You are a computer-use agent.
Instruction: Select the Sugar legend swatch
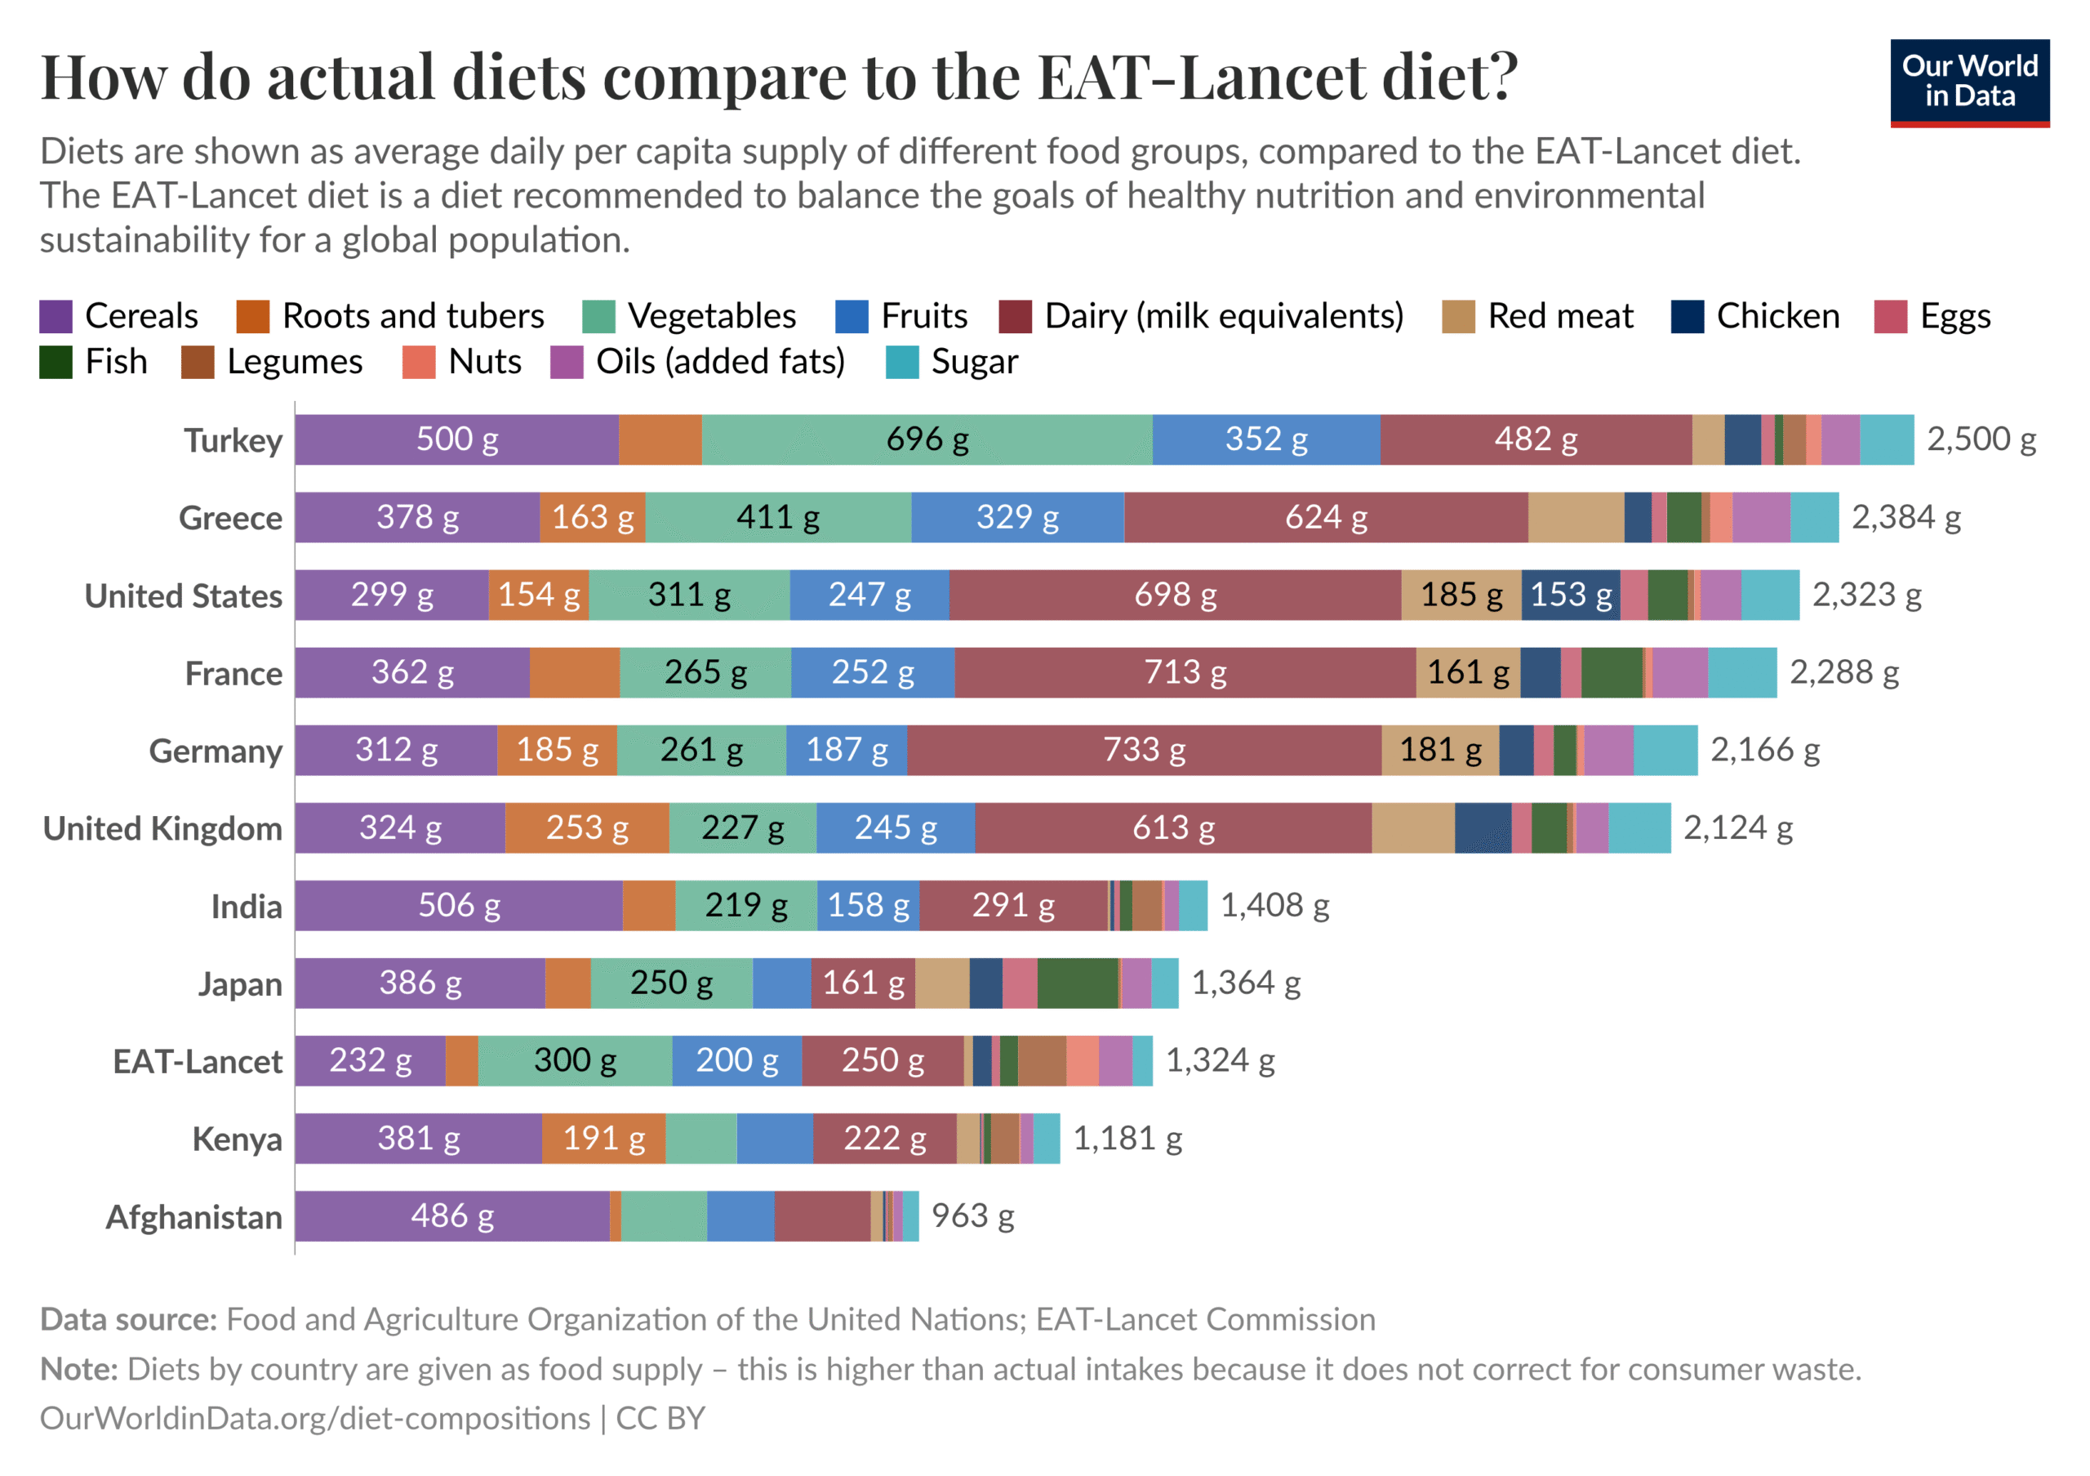[x=901, y=363]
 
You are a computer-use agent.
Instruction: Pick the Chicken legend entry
[x=1754, y=316]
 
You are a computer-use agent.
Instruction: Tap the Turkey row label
[x=233, y=441]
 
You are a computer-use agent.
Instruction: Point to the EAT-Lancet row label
[x=198, y=1062]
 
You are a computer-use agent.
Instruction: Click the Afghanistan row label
[x=193, y=1217]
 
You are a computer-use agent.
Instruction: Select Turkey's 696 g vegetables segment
[x=927, y=439]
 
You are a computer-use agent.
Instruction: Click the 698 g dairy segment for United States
[x=1174, y=595]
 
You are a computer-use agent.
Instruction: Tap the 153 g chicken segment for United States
[x=1570, y=595]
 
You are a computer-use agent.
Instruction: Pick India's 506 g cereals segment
[x=458, y=906]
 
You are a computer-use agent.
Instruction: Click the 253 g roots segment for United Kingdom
[x=586, y=828]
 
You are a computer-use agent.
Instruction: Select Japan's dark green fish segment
[x=1077, y=983]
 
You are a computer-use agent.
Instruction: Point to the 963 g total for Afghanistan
[x=972, y=1216]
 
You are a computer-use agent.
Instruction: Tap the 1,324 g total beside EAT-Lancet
[x=1220, y=1061]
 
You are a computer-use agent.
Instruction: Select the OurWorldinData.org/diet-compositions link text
[x=315, y=1419]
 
